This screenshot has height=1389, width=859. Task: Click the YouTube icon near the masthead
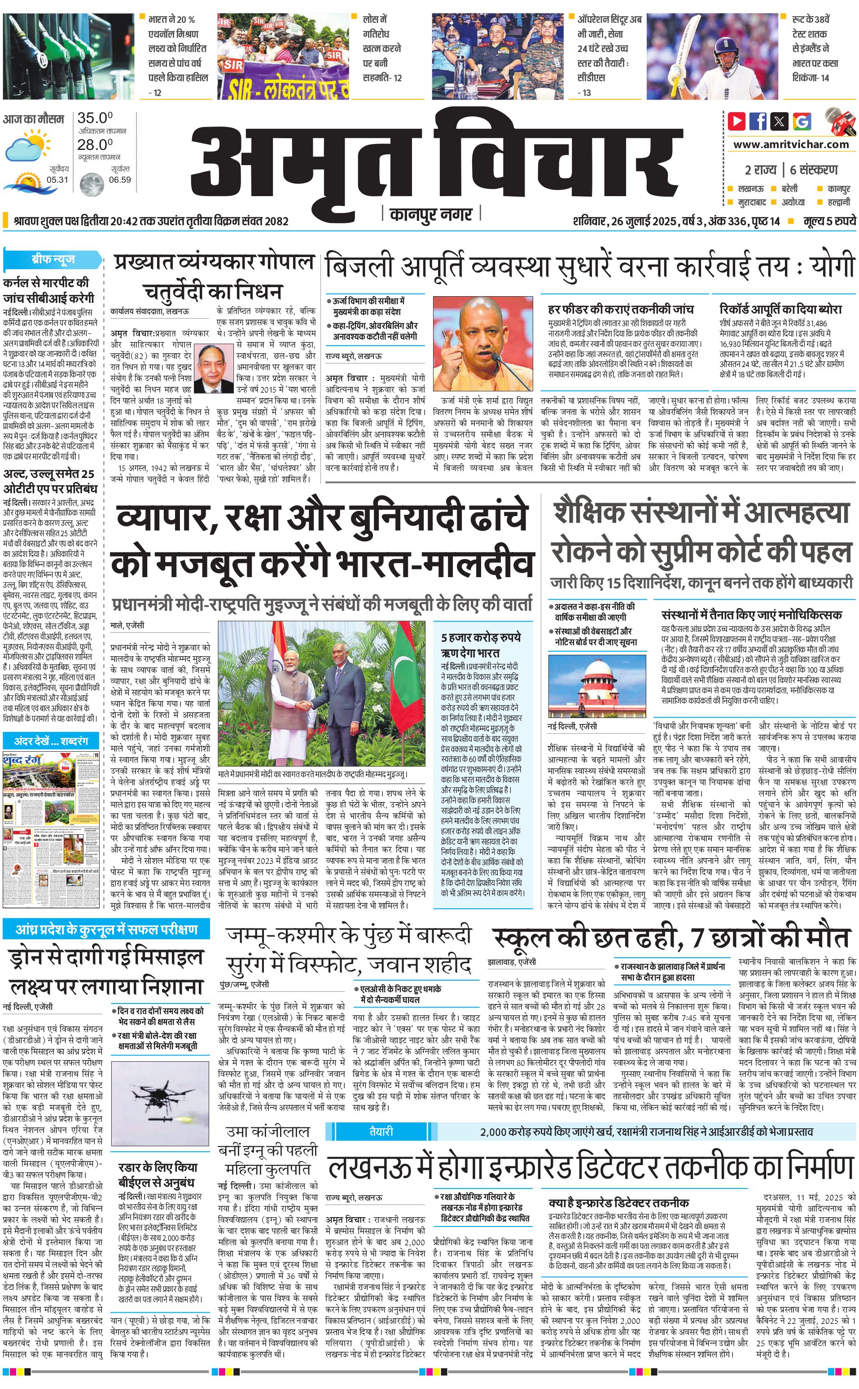pos(737,121)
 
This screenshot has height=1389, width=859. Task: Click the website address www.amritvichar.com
pos(791,145)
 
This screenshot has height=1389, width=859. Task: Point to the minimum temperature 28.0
pos(95,145)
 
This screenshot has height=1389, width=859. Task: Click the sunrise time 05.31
pos(57,180)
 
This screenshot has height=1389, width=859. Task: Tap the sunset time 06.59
pos(120,180)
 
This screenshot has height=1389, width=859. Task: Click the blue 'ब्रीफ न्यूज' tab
pos(53,259)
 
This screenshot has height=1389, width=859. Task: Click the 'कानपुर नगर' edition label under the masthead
pos(431,214)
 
